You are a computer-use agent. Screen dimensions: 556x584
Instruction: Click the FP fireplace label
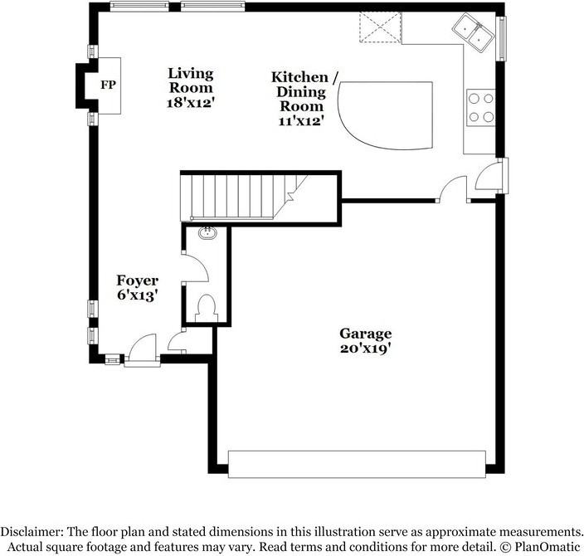tap(108, 85)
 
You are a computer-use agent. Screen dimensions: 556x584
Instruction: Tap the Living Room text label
tap(190, 80)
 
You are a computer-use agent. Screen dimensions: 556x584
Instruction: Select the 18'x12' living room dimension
tap(190, 104)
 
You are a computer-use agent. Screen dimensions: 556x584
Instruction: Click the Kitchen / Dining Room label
tap(304, 91)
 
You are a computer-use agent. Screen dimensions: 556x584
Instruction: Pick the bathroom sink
tap(207, 234)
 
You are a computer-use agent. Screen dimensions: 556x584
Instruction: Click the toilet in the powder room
tap(206, 308)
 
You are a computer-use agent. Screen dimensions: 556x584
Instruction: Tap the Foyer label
tap(137, 280)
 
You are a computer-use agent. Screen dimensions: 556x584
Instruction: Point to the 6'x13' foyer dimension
tap(137, 295)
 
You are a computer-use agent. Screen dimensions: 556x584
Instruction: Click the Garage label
tap(365, 334)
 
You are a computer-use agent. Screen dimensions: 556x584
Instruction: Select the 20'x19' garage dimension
tap(365, 349)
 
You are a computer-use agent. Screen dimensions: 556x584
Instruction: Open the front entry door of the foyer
tap(140, 349)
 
